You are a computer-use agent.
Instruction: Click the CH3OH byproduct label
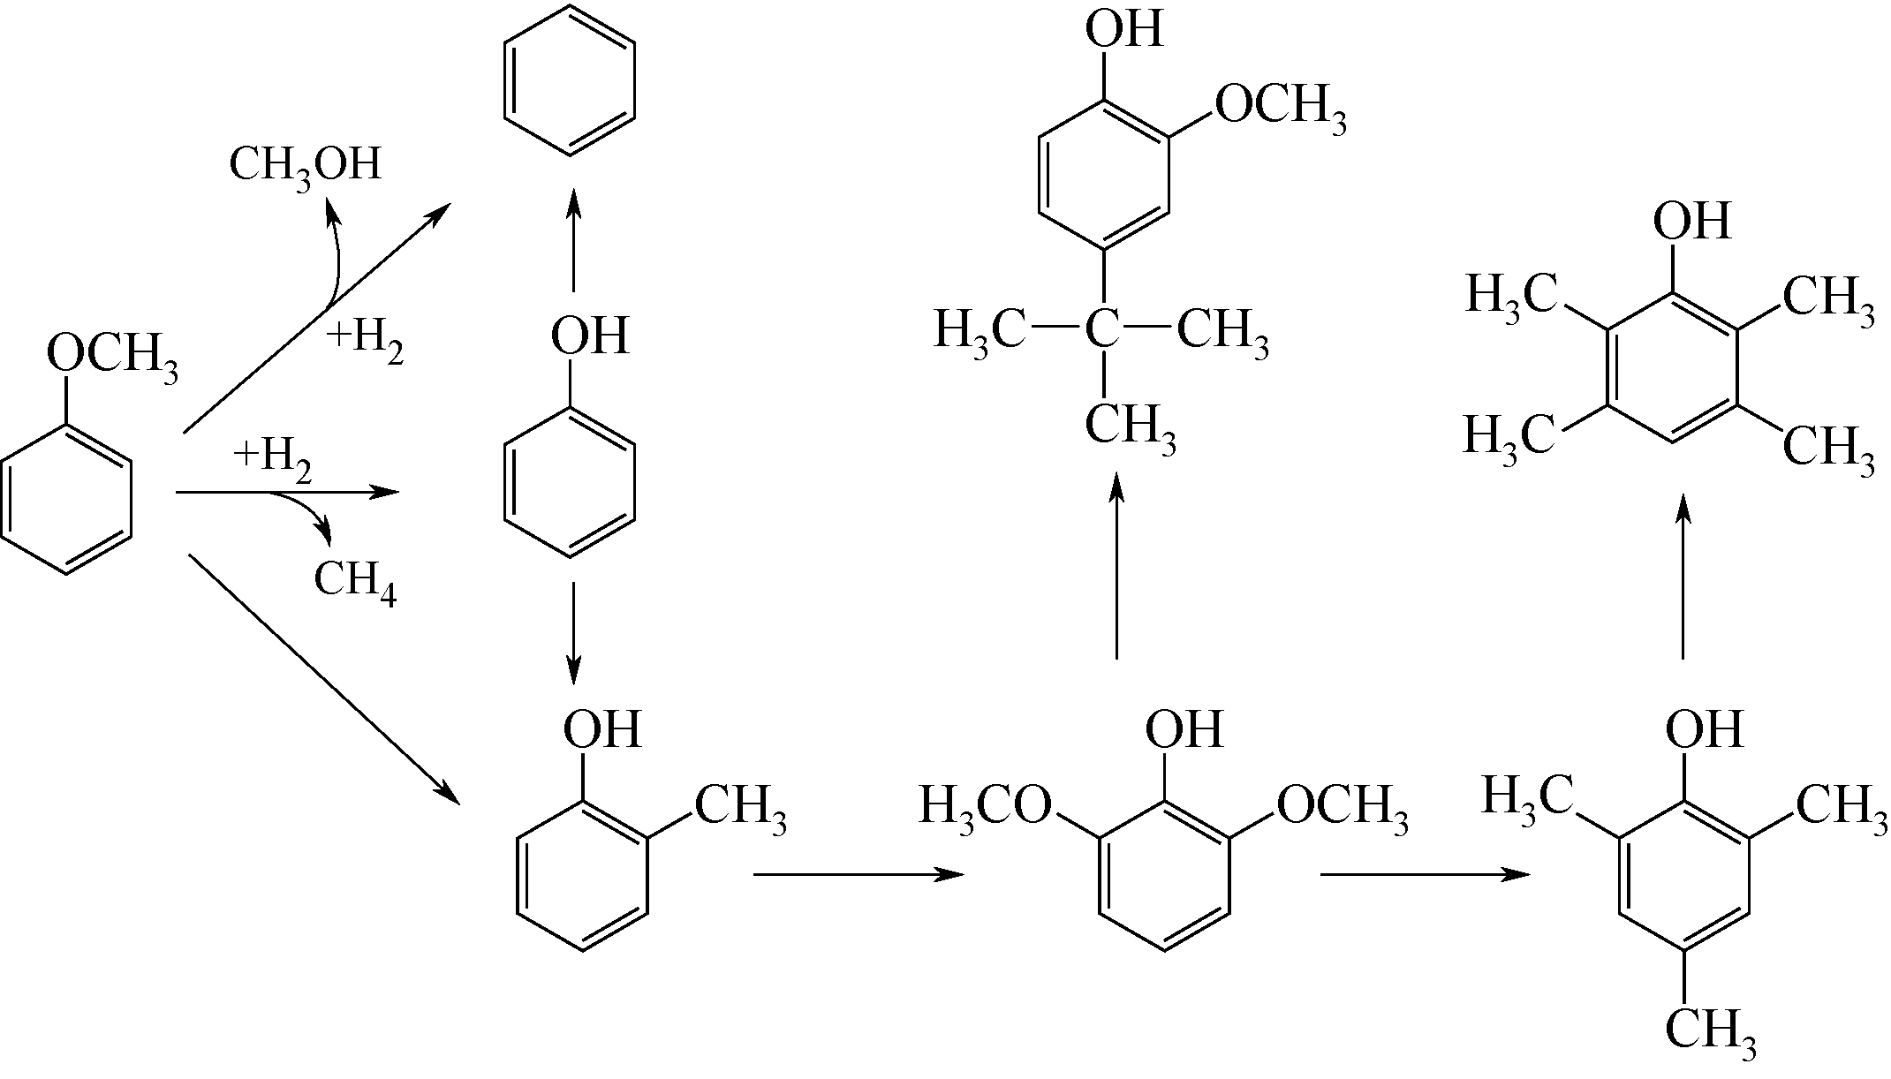point(305,165)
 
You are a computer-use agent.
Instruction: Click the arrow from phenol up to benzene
point(574,238)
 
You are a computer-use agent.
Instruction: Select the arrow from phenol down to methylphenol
point(574,631)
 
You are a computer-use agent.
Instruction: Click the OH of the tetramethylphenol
point(1691,221)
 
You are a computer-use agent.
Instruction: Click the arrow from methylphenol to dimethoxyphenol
point(857,874)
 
